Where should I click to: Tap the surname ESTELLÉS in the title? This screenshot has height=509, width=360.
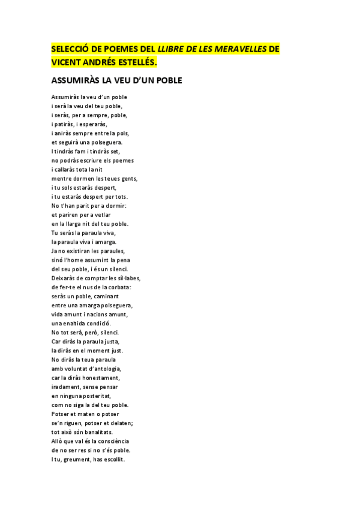137,61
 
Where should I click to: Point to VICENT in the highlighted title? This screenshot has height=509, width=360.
67,61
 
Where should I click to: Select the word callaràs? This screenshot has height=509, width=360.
70,169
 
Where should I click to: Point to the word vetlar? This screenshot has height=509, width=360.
101,214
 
